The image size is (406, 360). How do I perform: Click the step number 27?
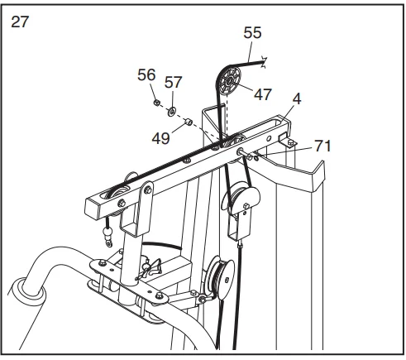pyautogui.click(x=20, y=22)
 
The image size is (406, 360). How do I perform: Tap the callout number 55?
pyautogui.click(x=252, y=32)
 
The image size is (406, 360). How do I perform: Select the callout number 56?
pyautogui.click(x=146, y=74)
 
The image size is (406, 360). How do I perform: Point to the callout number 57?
pyautogui.click(x=174, y=82)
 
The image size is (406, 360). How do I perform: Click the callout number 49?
pyautogui.click(x=161, y=138)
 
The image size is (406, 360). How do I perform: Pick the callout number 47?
pyautogui.click(x=263, y=94)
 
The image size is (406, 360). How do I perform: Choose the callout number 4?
pyautogui.click(x=297, y=98)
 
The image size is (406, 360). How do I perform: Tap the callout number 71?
pyautogui.click(x=322, y=146)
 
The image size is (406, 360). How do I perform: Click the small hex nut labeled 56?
pyautogui.click(x=156, y=103)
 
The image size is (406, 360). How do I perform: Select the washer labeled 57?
pyautogui.click(x=172, y=112)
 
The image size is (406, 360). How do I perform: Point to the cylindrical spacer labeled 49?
pyautogui.click(x=189, y=122)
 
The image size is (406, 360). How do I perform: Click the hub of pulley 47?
pyautogui.click(x=229, y=81)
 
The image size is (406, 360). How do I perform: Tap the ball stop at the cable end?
pyautogui.click(x=107, y=233)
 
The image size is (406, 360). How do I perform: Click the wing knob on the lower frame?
pyautogui.click(x=151, y=268)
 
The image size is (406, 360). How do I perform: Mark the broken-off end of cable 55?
pyautogui.click(x=264, y=63)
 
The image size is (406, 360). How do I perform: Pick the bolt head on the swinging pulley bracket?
pyautogui.click(x=246, y=205)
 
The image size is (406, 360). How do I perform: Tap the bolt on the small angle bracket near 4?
pyautogui.click(x=290, y=142)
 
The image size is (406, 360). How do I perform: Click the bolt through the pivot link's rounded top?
pyautogui.click(x=147, y=190)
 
